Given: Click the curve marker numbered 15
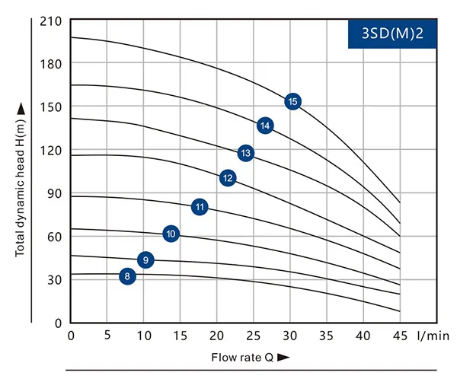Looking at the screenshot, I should coord(293,101).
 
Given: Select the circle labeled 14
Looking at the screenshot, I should coord(265,126).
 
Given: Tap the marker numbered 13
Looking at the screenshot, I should coord(245,153).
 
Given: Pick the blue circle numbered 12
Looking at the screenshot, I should coord(228,178).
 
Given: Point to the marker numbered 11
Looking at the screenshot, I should coord(200,206).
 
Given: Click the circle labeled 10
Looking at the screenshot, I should coord(171,234).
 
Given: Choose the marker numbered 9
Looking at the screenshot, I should coord(145,260).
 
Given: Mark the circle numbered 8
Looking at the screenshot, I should coord(128,276).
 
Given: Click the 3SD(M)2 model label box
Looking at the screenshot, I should coord(392,33).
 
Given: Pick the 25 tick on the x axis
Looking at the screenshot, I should coord(254,335).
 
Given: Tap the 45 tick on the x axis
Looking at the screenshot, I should coord(400,335).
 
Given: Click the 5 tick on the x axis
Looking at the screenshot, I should coord(107,335).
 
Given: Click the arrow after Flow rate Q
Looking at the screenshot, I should coord(283,356).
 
